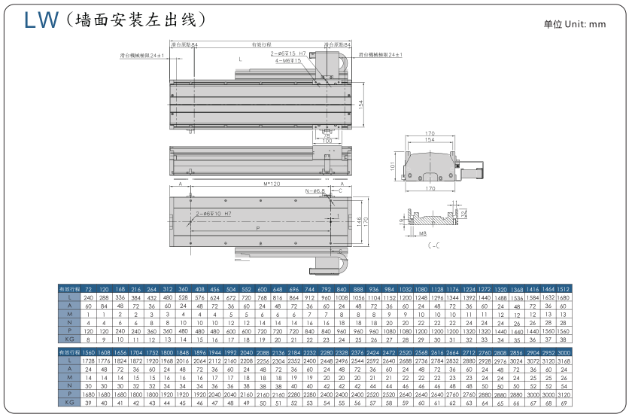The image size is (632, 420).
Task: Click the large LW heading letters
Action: point(41,20)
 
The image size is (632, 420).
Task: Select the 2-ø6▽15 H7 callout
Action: point(290,53)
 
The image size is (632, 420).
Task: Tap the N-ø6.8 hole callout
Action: point(315,191)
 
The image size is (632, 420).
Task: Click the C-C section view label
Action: point(433,246)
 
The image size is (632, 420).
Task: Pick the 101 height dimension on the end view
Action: point(393,163)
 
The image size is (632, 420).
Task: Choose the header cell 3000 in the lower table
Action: point(564,352)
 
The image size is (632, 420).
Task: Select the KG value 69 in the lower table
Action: point(564,403)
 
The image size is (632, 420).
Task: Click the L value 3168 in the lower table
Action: point(564,362)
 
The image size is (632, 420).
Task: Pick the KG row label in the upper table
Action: point(68,340)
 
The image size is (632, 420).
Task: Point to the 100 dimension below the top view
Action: point(327,141)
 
